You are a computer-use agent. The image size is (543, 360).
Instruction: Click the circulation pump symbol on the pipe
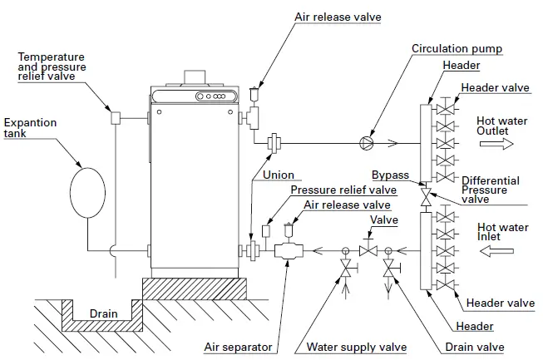[366, 142]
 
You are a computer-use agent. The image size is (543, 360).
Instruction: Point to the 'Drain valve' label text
[473, 347]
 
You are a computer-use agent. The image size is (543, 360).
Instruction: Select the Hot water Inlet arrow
[496, 249]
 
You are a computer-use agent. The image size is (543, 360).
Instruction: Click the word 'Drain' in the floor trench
[104, 314]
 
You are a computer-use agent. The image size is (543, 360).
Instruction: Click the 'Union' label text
[278, 175]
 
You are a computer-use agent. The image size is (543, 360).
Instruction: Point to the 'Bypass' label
[388, 175]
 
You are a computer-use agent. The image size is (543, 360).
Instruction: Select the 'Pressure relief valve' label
[343, 190]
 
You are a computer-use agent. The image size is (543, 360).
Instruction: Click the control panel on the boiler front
[213, 97]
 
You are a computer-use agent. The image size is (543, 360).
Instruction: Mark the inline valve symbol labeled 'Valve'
[366, 250]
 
